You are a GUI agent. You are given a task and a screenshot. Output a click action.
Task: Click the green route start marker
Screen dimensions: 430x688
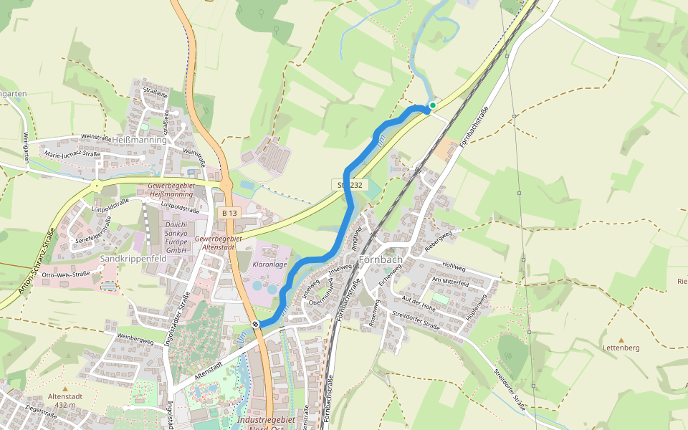(432, 105)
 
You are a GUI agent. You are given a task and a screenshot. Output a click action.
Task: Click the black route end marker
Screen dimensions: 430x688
(255, 325)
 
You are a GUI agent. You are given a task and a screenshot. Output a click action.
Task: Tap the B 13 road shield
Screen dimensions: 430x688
(229, 214)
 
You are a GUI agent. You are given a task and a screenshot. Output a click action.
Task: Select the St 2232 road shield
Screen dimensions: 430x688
(350, 185)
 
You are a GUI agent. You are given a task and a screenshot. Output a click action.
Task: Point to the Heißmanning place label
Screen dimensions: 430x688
(139, 140)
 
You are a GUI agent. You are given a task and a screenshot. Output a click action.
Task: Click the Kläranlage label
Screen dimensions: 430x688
(269, 264)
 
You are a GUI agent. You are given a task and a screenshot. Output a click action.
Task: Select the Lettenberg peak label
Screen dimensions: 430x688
(621, 348)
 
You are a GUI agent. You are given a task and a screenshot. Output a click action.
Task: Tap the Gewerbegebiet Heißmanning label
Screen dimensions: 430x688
(171, 190)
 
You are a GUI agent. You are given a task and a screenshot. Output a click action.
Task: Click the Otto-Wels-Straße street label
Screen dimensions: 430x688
(66, 274)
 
